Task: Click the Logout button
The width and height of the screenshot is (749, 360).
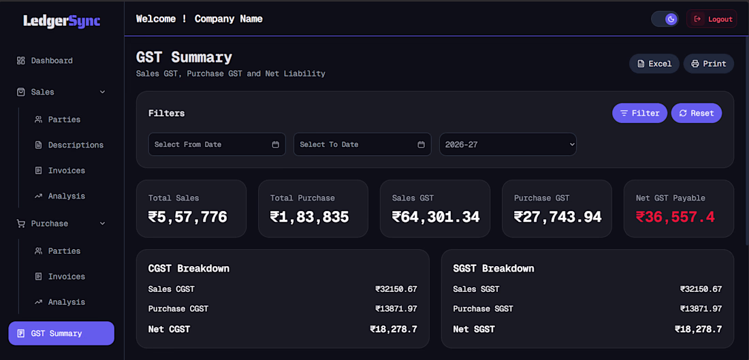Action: click(712, 19)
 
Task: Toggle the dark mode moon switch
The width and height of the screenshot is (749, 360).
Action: click(665, 19)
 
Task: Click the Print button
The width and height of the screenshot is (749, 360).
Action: click(708, 63)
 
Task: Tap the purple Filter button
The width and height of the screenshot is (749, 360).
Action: click(639, 113)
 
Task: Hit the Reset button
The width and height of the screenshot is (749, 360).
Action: click(697, 113)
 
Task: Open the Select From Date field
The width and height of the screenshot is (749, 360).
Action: click(217, 144)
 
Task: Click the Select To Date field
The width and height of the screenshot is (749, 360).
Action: click(362, 144)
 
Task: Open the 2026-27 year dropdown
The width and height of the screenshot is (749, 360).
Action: click(508, 144)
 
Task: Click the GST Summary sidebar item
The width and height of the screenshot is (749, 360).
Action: click(61, 333)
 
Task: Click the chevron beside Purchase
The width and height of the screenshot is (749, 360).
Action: click(102, 223)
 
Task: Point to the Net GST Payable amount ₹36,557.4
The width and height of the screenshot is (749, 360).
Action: click(675, 217)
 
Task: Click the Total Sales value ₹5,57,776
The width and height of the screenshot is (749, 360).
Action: click(188, 217)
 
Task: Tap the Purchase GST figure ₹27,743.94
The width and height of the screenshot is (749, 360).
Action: click(558, 217)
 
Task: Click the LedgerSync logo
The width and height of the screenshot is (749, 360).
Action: click(61, 20)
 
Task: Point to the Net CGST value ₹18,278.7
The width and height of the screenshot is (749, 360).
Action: click(394, 329)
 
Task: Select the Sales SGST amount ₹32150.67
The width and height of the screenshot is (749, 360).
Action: click(701, 289)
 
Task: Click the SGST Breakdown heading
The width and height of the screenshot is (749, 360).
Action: click(494, 268)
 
